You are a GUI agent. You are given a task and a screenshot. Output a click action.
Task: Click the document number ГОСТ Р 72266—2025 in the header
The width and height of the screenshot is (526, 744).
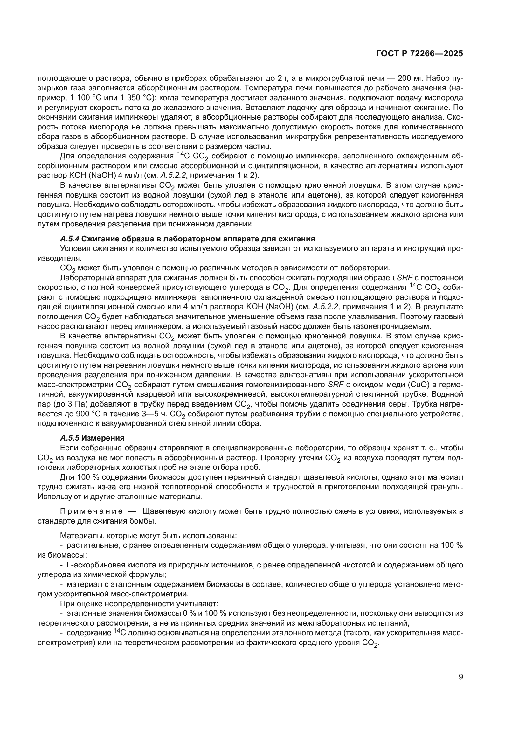[419, 54]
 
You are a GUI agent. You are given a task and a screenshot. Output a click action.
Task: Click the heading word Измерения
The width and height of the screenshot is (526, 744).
[103, 438]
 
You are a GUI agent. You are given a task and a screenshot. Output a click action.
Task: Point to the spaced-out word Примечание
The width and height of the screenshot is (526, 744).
[91, 512]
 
